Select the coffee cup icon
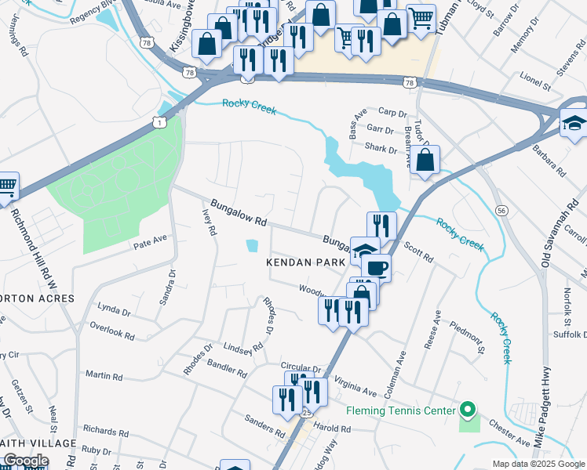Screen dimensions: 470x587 point(377,267)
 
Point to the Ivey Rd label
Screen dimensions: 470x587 point(209,220)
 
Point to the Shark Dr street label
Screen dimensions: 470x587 point(381,148)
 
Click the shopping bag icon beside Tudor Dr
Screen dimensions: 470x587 point(425,161)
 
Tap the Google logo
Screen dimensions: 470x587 point(25,461)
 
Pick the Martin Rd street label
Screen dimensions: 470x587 point(104,376)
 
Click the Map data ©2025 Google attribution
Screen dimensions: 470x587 point(538,464)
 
